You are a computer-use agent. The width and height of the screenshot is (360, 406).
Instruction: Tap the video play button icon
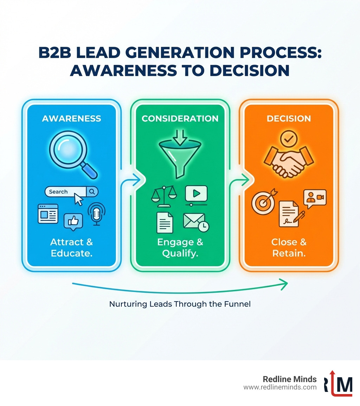196,194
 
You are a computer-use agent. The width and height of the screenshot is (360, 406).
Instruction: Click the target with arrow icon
263,202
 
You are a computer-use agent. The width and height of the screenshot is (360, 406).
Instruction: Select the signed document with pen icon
290,214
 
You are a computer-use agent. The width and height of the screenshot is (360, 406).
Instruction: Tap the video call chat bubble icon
315,198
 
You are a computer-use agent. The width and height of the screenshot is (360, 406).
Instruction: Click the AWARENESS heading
71,118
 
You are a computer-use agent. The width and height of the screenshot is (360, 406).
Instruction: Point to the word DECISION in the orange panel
289,118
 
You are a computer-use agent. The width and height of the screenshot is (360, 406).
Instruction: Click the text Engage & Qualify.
180,248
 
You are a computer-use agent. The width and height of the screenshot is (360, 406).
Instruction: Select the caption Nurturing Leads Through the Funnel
180,304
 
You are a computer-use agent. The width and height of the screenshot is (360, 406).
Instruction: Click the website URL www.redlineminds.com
280,387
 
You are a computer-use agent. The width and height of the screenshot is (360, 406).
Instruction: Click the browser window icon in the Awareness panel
48,214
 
